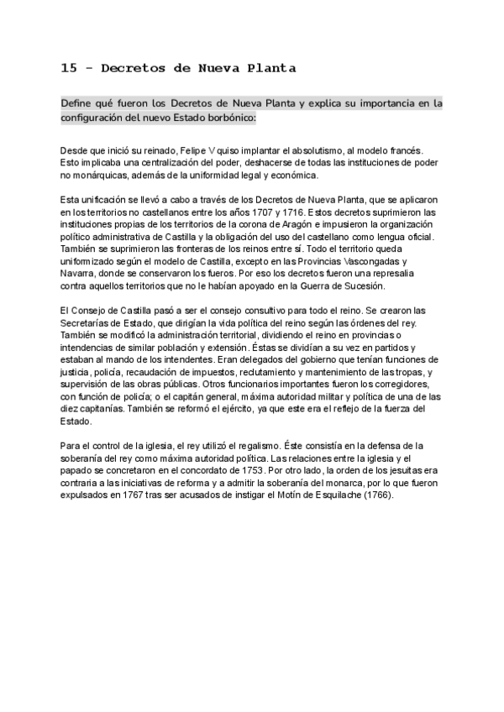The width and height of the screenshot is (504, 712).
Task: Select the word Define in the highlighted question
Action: pyautogui.click(x=78, y=103)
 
